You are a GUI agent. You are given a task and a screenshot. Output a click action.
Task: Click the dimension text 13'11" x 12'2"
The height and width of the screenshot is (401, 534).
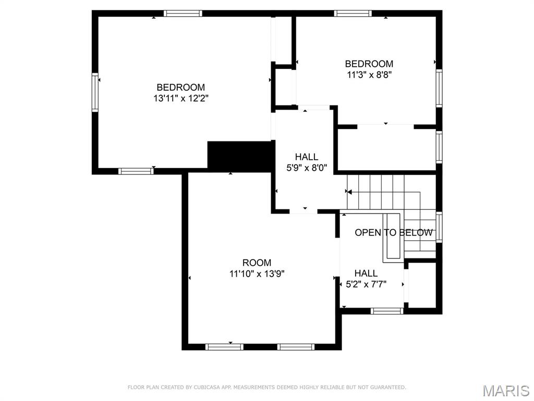181,99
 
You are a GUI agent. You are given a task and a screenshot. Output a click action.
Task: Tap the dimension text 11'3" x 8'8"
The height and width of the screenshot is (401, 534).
369,75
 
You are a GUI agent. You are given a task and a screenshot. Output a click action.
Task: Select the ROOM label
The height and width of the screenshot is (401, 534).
257,263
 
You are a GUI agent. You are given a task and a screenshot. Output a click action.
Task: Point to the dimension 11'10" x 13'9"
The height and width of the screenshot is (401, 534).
257,274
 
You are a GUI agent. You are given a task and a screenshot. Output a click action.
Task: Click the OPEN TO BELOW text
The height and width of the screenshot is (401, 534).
394,232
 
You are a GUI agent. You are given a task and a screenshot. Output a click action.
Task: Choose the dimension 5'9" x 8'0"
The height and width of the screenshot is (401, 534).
307,168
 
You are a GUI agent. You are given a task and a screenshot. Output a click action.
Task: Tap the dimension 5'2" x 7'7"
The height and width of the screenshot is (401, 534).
366,284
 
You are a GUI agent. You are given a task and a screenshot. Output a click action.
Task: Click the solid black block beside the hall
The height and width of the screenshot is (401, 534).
241,156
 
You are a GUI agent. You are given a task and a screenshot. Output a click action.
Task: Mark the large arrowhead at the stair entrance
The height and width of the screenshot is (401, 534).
349,191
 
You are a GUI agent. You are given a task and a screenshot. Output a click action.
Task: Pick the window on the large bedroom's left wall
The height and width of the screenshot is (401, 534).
95,92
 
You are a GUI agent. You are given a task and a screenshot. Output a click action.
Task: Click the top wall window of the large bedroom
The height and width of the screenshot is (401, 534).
183,13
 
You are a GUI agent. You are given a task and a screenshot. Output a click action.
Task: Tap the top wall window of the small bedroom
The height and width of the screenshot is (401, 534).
353,13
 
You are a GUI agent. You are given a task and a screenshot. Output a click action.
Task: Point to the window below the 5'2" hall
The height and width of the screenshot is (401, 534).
387,311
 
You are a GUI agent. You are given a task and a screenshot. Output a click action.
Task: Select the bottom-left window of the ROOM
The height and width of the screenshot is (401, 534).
224,347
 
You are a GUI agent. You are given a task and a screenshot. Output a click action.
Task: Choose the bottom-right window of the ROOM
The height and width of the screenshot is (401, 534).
296,347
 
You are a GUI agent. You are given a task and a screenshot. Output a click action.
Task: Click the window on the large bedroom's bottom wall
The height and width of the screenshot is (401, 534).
136,171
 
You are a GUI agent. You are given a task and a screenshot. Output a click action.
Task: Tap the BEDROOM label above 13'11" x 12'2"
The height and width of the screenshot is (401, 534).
181,87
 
